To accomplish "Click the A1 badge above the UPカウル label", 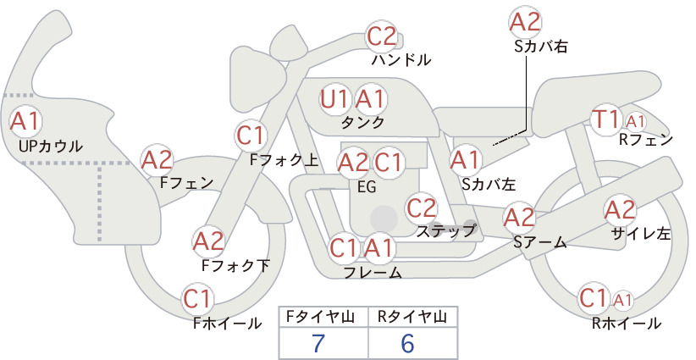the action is [25, 121].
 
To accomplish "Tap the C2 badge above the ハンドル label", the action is [382, 36].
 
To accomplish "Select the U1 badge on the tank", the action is [335, 99].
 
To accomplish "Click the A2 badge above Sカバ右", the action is [525, 22].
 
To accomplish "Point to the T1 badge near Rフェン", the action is [606, 119].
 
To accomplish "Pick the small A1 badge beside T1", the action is [635, 121].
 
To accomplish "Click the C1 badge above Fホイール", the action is [197, 299].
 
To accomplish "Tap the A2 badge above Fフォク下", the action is [208, 242].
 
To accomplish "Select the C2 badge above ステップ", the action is [422, 208].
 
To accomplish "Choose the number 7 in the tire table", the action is [318, 343].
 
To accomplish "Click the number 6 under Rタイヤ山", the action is [407, 343].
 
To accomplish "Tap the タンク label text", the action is [362, 122].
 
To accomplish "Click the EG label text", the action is [367, 187].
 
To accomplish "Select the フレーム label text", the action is [373, 273].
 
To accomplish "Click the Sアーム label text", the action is [540, 242].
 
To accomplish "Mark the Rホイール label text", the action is [627, 324].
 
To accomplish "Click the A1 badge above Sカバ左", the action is [466, 160].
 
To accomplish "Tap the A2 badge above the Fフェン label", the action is [157, 160].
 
